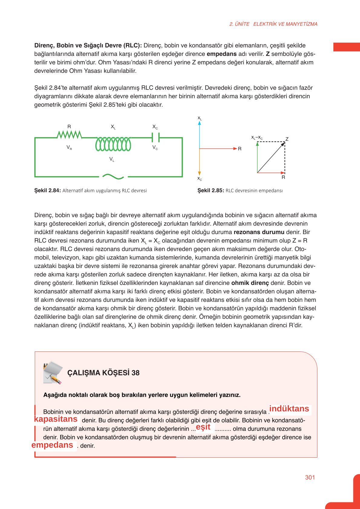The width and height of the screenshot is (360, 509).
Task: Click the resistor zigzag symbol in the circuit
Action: pos(69,135)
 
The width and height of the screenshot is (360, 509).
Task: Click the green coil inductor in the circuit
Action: pos(113,144)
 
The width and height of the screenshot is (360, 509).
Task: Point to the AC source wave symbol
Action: pos(113,176)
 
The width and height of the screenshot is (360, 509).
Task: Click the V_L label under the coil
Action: pos(112,159)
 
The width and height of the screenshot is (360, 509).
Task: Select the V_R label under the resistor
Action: pos(69,148)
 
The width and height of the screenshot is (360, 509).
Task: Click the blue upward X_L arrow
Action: pos(199,133)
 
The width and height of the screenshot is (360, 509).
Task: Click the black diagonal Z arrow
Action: pos(271,158)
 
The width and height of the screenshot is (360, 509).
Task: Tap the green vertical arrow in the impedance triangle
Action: pos(257,157)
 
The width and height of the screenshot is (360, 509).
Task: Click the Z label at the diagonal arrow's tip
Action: pos(287,139)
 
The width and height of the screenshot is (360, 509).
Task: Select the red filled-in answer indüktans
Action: pos(289,409)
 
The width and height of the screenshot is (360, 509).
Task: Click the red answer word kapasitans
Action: pos(56,419)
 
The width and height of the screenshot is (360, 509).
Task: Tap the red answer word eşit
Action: pos(203,427)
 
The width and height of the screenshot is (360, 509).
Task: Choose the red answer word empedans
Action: pos(52,445)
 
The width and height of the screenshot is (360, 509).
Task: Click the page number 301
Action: pos(310,477)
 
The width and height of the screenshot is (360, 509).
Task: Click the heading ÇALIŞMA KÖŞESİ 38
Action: pos(103,373)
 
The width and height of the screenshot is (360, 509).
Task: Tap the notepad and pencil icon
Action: pos(53,372)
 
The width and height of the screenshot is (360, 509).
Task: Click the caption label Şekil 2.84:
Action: pos(47,191)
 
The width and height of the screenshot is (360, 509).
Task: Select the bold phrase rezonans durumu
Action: pos(259,232)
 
